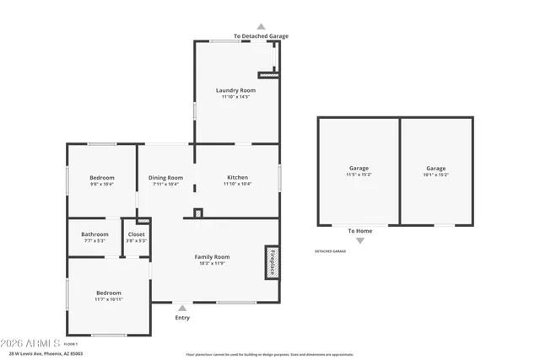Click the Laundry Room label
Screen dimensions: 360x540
coord(235,90)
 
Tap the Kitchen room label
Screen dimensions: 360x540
coord(237,178)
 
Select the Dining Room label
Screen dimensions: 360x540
coord(165,178)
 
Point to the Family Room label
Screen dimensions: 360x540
coord(212,257)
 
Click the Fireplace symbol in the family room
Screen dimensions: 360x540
coord(272,262)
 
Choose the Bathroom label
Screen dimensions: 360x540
coord(94,234)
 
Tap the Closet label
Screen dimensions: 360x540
coord(136,234)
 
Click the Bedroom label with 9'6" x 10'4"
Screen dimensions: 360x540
coord(102,178)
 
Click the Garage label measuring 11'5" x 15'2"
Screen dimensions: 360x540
coord(359,169)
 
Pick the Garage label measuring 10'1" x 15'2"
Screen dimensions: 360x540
coord(435,169)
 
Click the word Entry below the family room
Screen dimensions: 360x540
coord(182,318)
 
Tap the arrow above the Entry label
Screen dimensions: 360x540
coord(182,308)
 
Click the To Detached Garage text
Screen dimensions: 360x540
coord(261,36)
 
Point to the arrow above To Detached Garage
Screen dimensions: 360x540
coord(261,27)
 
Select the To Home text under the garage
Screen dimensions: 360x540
coord(360,230)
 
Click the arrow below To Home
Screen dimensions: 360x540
coord(360,240)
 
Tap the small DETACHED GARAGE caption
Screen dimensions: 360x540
coord(331,251)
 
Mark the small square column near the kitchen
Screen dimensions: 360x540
coord(198,212)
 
